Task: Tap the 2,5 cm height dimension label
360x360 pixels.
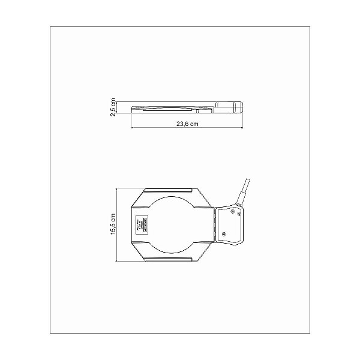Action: click(113, 107)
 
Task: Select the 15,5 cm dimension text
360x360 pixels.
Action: click(112, 224)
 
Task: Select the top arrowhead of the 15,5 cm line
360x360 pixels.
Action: click(118, 188)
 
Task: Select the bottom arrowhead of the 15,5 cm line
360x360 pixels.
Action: click(118, 260)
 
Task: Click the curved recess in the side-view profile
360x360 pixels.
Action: click(168, 110)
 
